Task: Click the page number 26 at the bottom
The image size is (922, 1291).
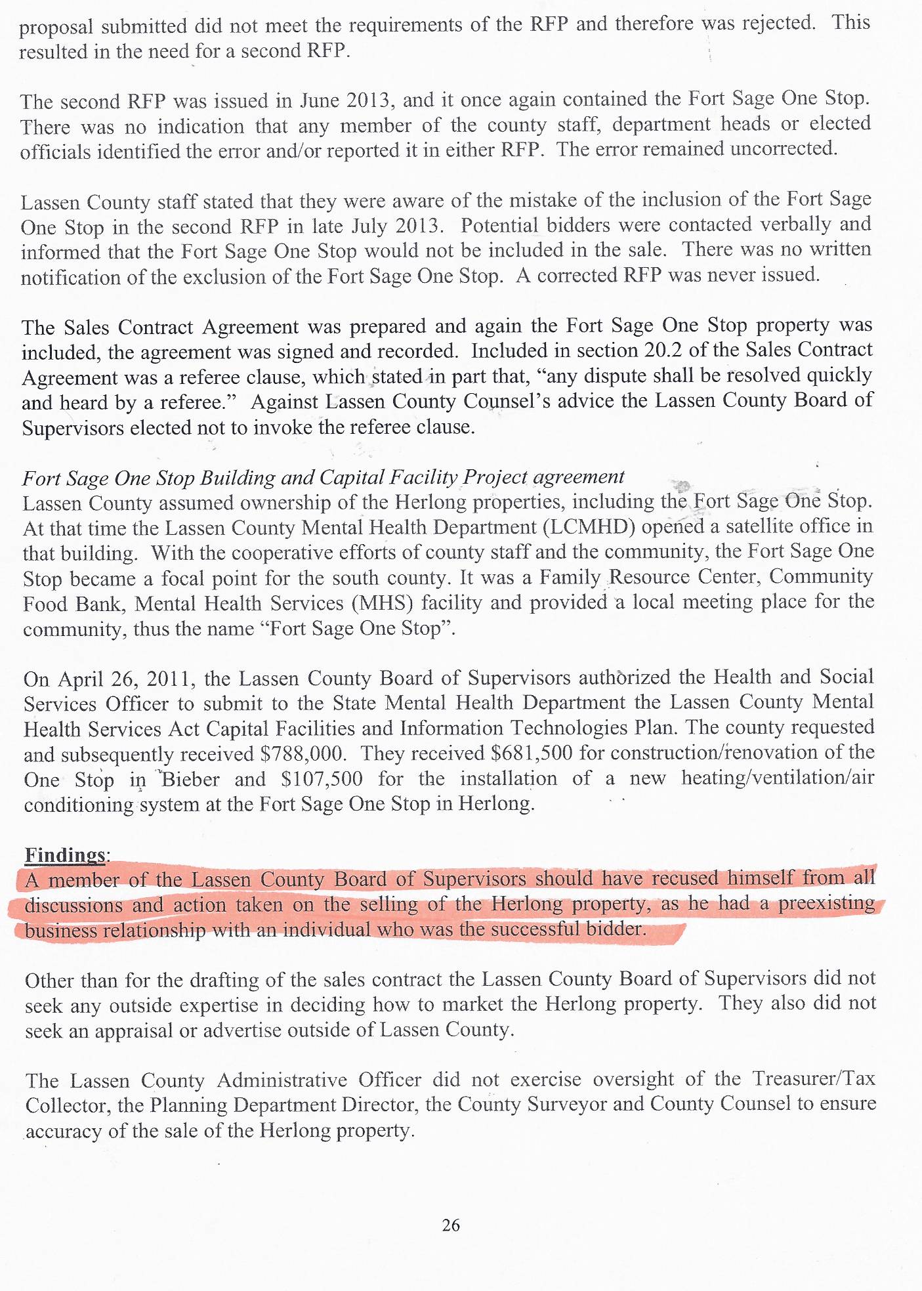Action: tap(451, 1225)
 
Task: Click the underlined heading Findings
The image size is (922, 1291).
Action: tap(66, 855)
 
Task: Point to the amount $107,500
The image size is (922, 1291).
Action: tap(322, 779)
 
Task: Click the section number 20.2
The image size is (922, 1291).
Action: tap(663, 350)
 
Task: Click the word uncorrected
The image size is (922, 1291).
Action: tap(783, 149)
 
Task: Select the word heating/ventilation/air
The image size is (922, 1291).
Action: tap(778, 778)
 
